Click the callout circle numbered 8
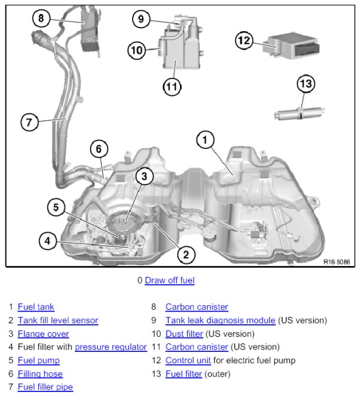pos(41,19)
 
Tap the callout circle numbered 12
pos(243,41)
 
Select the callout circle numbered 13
pos(306,84)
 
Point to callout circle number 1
pos(205,140)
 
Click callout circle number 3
pos(144,176)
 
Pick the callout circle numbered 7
pos(29,122)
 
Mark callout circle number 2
pos(186,255)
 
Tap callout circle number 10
pos(137,50)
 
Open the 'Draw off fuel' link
pos(169,280)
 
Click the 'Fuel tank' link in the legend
pos(36,307)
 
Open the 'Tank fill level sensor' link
pos(58,321)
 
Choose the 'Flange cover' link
pos(43,334)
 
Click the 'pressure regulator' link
pos(110,347)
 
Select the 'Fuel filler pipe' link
pos(45,387)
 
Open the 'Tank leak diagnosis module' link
pos(220,321)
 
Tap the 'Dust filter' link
pos(184,334)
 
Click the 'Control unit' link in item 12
pos(188,360)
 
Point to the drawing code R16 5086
pos(336,262)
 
